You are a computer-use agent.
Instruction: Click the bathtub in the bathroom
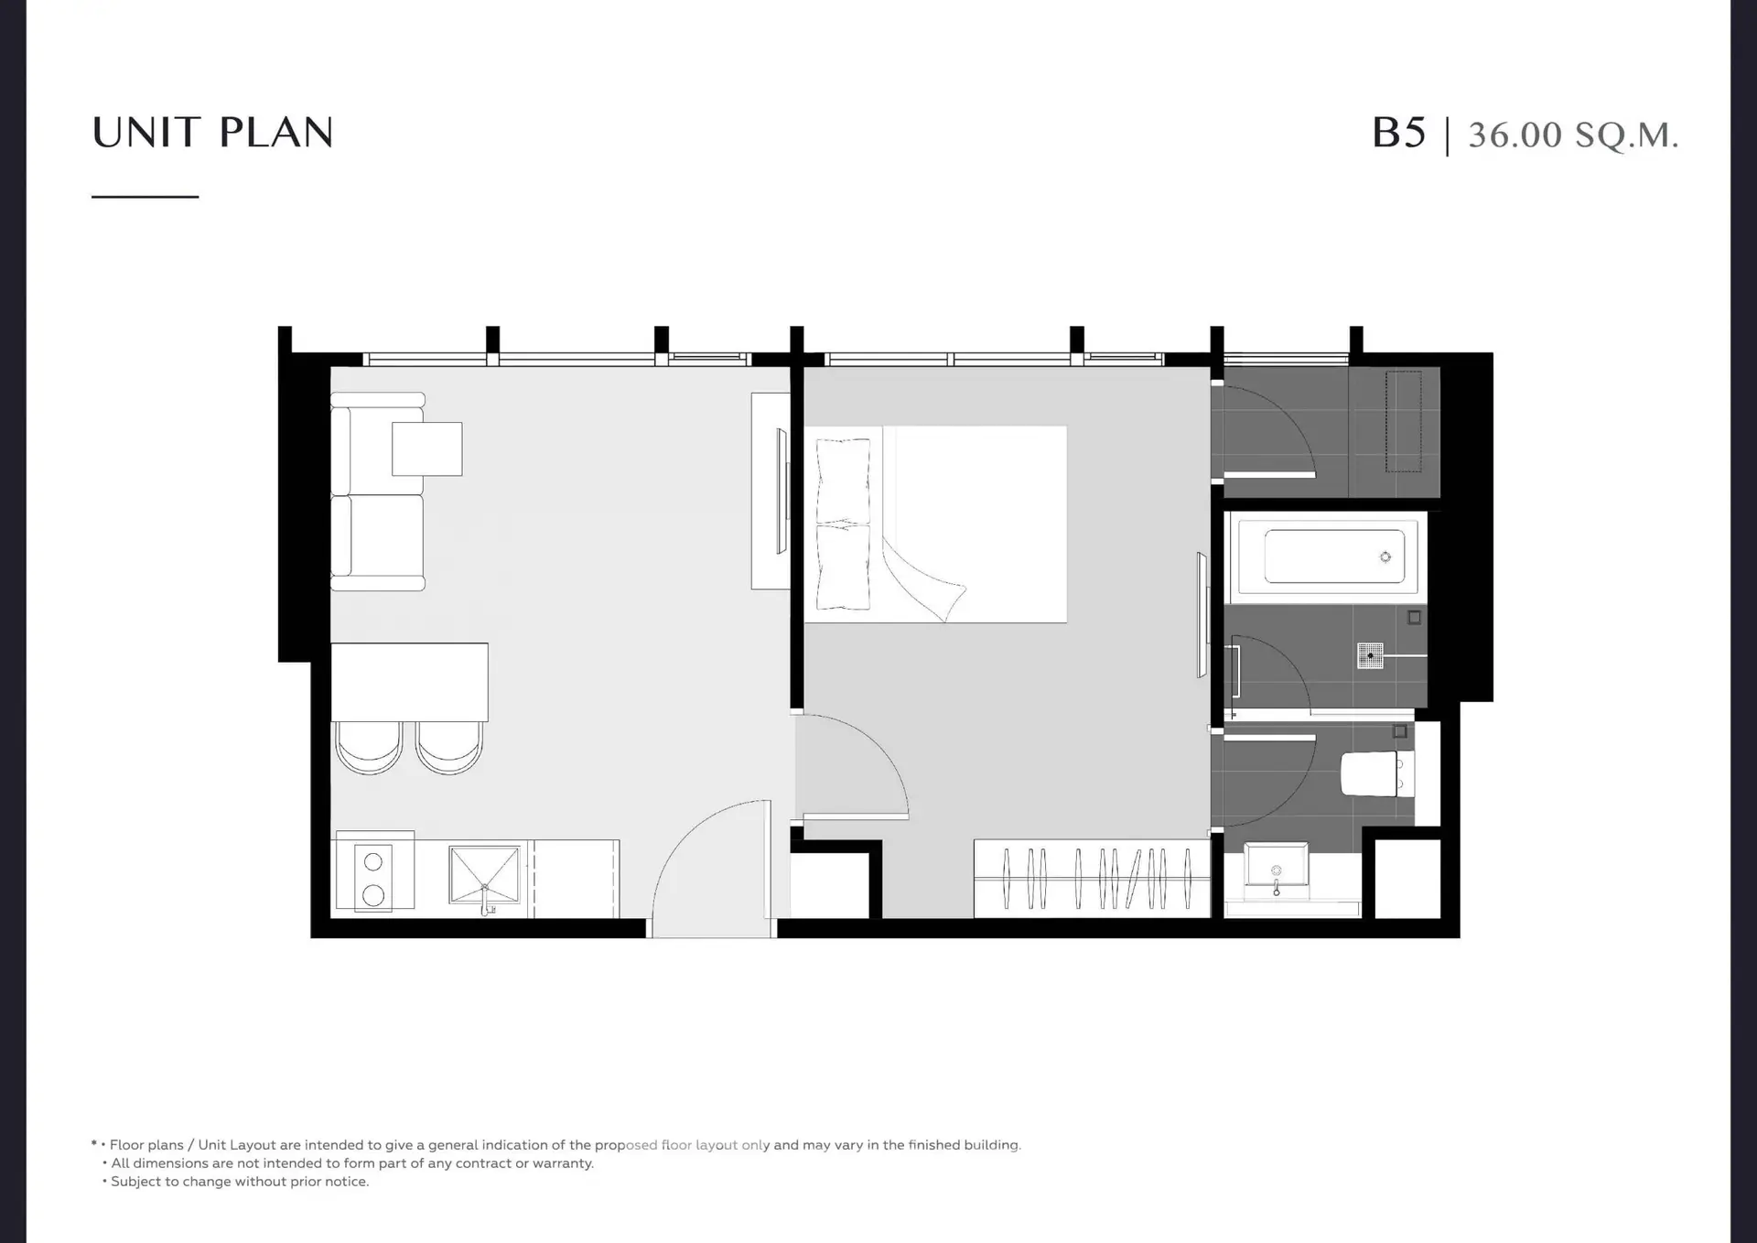[x=1326, y=557]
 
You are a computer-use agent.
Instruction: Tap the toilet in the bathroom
[x=1376, y=773]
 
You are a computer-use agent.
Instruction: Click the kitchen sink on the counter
[x=484, y=877]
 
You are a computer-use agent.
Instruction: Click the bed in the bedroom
[x=935, y=524]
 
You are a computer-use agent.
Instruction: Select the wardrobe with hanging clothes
[x=1092, y=878]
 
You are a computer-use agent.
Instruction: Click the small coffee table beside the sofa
[x=427, y=449]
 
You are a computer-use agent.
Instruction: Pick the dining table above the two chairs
[x=409, y=682]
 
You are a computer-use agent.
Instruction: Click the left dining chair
[x=369, y=748]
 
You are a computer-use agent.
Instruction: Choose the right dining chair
[x=449, y=748]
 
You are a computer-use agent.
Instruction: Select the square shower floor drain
[x=1370, y=655]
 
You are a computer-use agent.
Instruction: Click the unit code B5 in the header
[x=1398, y=133]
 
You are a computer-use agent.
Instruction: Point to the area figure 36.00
[x=1514, y=135]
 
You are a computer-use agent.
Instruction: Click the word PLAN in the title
[x=276, y=133]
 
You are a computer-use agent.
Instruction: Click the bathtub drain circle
[x=1385, y=557]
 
